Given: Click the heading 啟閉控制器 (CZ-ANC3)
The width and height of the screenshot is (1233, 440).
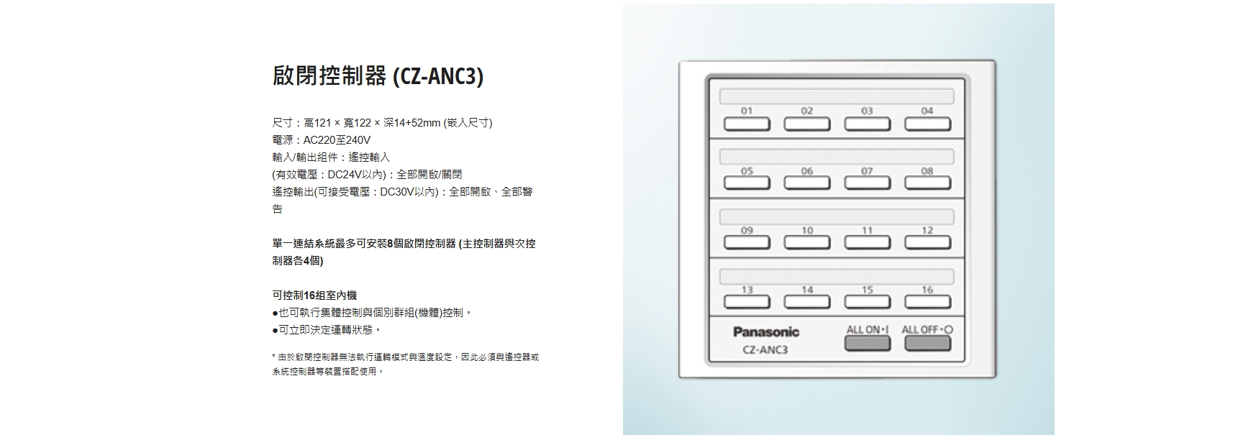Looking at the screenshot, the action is coord(378,76).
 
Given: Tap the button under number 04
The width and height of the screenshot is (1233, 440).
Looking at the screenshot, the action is coord(927,124).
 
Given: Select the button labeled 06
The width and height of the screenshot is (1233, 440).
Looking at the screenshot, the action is coord(807,183).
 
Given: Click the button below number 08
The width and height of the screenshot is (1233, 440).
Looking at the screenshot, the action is coord(927,183).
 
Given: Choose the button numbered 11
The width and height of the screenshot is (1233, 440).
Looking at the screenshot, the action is coord(868,242).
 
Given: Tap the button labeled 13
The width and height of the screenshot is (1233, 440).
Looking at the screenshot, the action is coord(747,301).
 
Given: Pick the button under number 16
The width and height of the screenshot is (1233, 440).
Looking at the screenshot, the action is coord(927,301).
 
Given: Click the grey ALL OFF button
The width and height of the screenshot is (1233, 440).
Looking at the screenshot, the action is coord(927,343).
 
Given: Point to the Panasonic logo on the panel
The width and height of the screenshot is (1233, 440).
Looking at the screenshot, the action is coord(766,331).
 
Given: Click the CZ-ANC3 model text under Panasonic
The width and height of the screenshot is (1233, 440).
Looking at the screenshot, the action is coord(765,350).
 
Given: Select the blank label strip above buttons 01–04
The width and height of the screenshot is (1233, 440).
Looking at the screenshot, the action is coord(837,96).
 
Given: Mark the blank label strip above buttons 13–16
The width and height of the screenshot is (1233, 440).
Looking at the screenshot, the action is coord(837,275).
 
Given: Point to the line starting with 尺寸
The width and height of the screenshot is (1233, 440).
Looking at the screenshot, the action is coord(383,123).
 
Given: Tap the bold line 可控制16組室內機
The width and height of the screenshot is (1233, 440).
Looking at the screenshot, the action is coord(314,295).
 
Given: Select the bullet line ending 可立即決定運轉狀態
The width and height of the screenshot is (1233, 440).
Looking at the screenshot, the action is coord(327,330).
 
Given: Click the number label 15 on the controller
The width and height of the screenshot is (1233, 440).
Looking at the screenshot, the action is coord(868,289).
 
